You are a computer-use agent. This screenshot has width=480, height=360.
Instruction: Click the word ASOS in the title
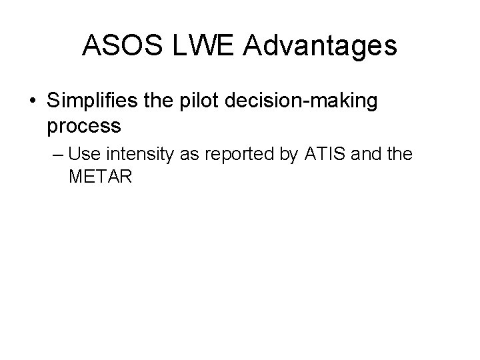click(119, 46)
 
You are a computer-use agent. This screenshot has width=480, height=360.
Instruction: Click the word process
click(84, 125)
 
